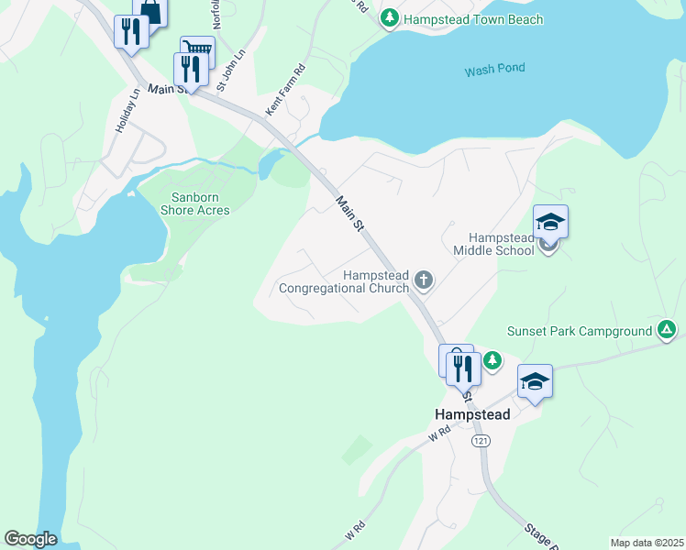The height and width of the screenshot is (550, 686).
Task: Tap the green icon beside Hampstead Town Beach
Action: click(x=390, y=18)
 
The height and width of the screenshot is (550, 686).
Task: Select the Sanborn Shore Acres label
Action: click(x=194, y=203)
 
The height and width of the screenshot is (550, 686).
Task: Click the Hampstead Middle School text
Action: click(x=493, y=243)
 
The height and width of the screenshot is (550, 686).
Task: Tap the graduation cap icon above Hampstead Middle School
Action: click(x=550, y=223)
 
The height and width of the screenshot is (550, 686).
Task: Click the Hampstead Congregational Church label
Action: click(x=344, y=281)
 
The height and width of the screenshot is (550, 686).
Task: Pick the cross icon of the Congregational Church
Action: click(x=423, y=279)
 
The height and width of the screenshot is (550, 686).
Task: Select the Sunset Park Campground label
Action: click(x=580, y=331)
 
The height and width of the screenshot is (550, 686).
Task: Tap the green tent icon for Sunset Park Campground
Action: click(x=667, y=330)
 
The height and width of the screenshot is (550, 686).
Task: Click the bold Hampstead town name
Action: click(x=471, y=414)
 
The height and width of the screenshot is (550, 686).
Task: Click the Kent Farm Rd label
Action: click(x=284, y=90)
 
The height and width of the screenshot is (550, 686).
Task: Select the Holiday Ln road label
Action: click(x=127, y=111)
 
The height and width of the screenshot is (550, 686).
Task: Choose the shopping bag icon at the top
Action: click(x=151, y=12)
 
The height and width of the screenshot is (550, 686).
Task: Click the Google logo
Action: click(x=30, y=539)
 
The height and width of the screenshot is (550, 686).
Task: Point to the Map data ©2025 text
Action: click(x=646, y=543)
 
